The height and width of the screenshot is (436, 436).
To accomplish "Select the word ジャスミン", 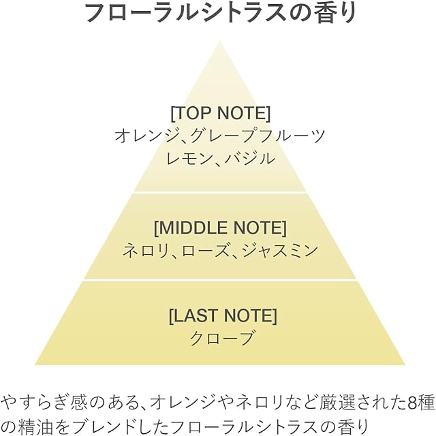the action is (x=279, y=250).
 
